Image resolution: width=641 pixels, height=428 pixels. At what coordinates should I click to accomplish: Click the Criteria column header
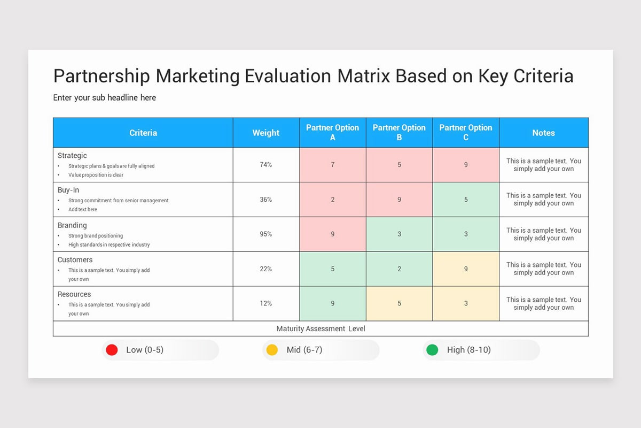pyautogui.click(x=143, y=133)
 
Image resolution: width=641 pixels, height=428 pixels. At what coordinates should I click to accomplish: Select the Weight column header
pyautogui.click(x=265, y=133)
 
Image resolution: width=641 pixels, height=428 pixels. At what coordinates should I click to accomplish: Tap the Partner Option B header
pyautogui.click(x=399, y=133)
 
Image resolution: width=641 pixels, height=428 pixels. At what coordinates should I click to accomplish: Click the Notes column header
pyautogui.click(x=543, y=133)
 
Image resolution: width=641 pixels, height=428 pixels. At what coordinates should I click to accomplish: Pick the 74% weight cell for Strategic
pyautogui.click(x=265, y=165)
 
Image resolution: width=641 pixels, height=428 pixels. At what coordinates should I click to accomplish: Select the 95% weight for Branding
pyautogui.click(x=265, y=234)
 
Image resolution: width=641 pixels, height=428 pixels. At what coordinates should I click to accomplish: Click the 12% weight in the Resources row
pyautogui.click(x=265, y=303)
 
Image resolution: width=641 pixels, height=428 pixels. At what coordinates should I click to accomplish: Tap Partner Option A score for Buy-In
pyautogui.click(x=333, y=200)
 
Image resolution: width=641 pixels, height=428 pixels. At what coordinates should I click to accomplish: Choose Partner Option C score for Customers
pyautogui.click(x=466, y=269)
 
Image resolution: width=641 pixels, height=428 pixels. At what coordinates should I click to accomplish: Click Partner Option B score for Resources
pyautogui.click(x=399, y=303)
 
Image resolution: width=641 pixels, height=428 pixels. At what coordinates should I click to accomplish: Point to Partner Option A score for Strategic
pyautogui.click(x=333, y=165)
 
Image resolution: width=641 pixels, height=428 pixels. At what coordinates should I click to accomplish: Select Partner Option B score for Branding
pyautogui.click(x=399, y=234)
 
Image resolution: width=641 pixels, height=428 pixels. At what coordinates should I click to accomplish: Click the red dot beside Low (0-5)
pyautogui.click(x=112, y=350)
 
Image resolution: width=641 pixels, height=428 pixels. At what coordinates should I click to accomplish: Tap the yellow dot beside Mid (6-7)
pyautogui.click(x=272, y=350)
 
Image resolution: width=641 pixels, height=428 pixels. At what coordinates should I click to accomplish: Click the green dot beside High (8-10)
pyautogui.click(x=432, y=350)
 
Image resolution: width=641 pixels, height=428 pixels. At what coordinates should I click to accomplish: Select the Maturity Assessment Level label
pyautogui.click(x=320, y=328)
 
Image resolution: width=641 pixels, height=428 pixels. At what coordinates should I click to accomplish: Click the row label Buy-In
pyautogui.click(x=68, y=190)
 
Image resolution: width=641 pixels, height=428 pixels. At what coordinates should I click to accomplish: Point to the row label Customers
pyautogui.click(x=75, y=260)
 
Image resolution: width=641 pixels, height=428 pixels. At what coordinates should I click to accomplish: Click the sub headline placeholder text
pyautogui.click(x=105, y=98)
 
